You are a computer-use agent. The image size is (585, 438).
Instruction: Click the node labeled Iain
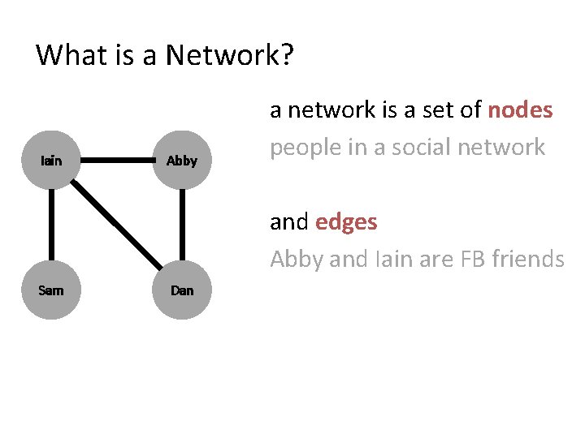point(50,161)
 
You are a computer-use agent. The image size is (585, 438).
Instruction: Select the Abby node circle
point(182,161)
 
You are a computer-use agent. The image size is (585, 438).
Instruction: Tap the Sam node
point(50,290)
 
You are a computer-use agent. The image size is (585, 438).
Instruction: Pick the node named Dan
point(182,290)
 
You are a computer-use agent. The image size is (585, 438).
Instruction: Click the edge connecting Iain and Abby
point(116,161)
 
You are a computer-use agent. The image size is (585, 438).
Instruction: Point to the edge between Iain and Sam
point(50,225)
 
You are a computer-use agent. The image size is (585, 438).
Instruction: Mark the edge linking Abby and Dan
point(182,225)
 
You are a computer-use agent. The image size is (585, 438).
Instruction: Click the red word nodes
point(520,110)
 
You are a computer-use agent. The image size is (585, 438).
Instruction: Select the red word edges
point(345,221)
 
